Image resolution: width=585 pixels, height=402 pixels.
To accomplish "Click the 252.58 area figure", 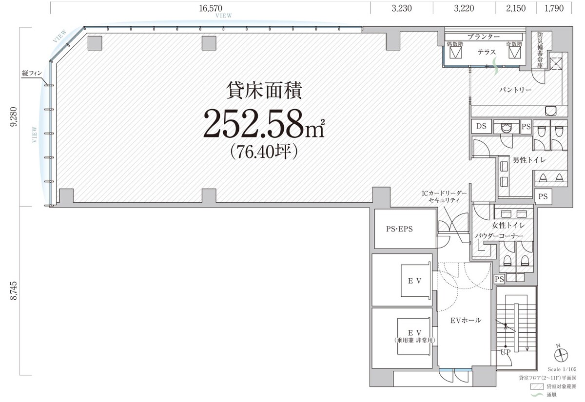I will tap(256, 124).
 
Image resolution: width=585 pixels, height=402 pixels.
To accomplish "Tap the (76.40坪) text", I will tap(263, 152).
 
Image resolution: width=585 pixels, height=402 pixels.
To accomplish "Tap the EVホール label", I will tap(465, 320).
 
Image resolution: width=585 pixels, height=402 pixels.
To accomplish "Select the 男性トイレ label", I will tap(528, 160).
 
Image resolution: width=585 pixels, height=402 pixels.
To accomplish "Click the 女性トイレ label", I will tap(508, 225).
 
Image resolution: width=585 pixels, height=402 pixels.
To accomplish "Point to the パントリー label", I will tap(515, 91).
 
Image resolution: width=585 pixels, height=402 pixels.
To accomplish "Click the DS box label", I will tap(481, 126).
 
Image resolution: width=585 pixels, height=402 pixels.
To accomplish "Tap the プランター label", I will tap(483, 37).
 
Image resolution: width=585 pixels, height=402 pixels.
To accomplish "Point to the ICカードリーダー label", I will tap(444, 193).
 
